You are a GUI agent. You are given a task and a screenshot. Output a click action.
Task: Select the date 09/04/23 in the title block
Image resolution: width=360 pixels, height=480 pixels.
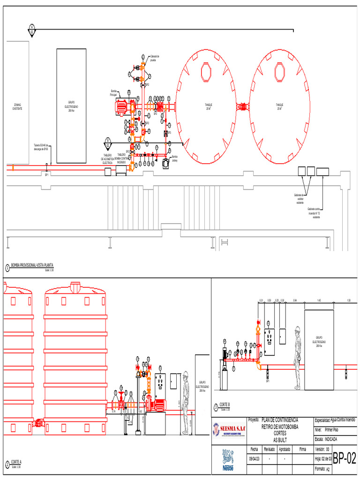pyautogui.click(x=254, y=459)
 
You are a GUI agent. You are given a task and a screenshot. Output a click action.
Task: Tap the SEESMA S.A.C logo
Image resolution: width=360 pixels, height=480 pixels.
pyautogui.click(x=229, y=429)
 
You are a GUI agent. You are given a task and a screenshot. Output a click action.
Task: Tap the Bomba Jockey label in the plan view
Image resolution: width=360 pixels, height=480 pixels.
pyautogui.click(x=174, y=158)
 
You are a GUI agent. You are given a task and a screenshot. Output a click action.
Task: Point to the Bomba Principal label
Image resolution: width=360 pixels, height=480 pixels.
pyautogui.click(x=113, y=93)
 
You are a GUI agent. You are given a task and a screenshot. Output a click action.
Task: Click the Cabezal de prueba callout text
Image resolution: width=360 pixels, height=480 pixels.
pyautogui.click(x=154, y=58)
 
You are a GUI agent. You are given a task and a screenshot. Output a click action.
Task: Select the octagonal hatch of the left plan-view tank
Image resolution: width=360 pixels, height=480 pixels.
pyautogui.click(x=206, y=72)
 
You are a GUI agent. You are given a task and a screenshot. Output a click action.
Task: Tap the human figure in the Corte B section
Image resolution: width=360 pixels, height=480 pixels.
pyautogui.click(x=297, y=356)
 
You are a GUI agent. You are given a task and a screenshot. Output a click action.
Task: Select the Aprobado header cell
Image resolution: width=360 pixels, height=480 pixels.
pyautogui.click(x=285, y=449)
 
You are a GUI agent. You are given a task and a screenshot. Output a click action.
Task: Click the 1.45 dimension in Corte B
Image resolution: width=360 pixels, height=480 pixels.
pyautogui.click(x=319, y=300)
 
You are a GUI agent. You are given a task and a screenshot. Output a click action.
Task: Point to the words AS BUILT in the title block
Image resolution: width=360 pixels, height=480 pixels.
pyautogui.click(x=279, y=440)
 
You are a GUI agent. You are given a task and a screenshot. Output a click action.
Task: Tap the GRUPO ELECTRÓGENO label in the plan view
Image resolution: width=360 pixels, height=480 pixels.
pyautogui.click(x=71, y=106)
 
